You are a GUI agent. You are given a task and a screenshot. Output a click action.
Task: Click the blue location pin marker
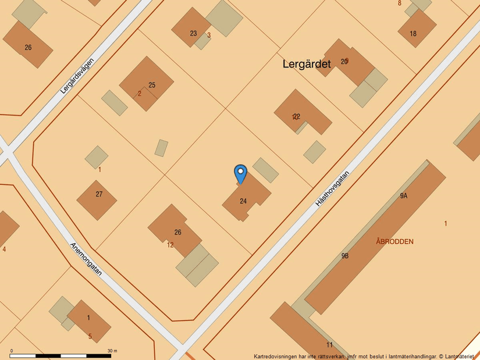pos(240,173)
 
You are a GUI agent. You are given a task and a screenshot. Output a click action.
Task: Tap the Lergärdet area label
pos(307,64)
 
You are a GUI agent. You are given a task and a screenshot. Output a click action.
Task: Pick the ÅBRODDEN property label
pos(394,241)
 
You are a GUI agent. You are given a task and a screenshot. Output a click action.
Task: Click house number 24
pos(243,201)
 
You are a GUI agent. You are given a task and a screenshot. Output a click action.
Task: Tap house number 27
pos(99,194)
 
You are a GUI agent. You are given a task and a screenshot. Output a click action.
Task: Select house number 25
pos(152,85)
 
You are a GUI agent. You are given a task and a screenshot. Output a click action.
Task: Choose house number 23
pos(193,33)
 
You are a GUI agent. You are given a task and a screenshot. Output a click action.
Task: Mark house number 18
pos(413,34)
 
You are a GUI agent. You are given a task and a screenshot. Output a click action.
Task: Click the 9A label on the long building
pos(403,196)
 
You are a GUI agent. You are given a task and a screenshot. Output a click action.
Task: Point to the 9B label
pos(345,255)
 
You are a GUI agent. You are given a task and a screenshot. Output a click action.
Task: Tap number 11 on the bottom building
pos(329,345)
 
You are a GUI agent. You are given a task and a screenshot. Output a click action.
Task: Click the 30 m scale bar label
pos(112,351)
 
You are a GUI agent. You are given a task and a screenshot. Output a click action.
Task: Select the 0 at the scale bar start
pos(12,351)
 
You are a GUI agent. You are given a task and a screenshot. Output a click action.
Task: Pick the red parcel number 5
pos(90,336)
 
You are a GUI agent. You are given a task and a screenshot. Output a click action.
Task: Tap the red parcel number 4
pos(4,249)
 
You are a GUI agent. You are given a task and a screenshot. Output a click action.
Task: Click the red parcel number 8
pos(400,3)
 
